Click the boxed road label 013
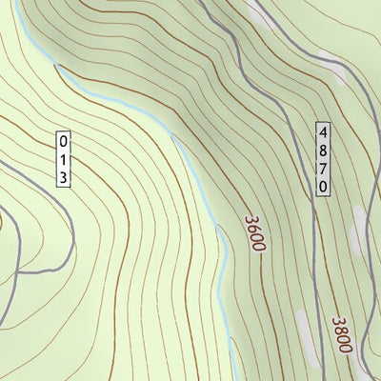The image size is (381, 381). point(63,157)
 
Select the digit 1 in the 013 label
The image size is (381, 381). point(63,157)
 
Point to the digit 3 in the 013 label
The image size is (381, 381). point(63,176)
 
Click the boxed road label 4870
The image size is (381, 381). point(324,159)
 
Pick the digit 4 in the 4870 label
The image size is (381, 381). point(324,130)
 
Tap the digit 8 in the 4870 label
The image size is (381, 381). point(324,150)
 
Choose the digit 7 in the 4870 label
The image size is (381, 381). point(324,169)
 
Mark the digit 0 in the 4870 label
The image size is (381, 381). point(324,188)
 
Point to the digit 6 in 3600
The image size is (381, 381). point(252,229)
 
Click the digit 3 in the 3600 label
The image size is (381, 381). point(250,219)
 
